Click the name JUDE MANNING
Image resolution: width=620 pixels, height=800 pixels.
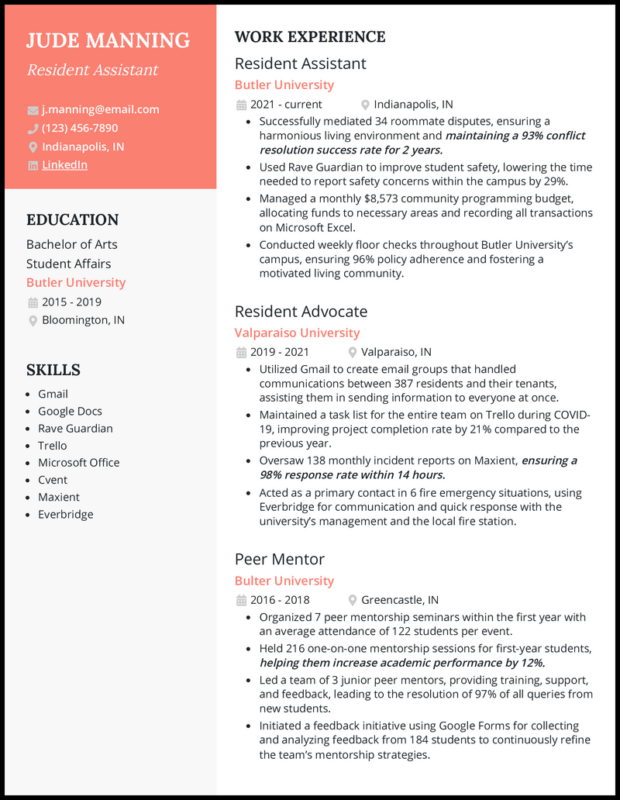[108, 40]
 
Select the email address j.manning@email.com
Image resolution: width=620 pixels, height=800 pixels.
[100, 109]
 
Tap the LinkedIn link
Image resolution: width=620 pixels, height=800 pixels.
[64, 164]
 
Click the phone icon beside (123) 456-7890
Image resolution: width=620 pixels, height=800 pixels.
[33, 128]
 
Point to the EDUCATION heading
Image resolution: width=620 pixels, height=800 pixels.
[72, 220]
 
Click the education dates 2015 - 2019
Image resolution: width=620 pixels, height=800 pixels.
[71, 302]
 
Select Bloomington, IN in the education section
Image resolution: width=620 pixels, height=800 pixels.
[83, 319]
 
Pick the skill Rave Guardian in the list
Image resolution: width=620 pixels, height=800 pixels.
[75, 428]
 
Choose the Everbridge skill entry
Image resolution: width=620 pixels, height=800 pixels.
[65, 514]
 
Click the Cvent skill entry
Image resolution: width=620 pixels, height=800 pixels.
[53, 480]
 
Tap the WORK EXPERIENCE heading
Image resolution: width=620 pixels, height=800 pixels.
[310, 37]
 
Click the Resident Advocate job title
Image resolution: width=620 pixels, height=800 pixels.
[301, 311]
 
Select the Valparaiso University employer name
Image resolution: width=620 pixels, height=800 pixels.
[297, 333]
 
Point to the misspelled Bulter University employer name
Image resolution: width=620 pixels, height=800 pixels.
[284, 581]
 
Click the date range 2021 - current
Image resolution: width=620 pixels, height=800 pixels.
[286, 104]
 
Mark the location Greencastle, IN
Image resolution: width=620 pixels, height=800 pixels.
[400, 599]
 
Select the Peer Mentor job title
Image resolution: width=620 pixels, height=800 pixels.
[279, 559]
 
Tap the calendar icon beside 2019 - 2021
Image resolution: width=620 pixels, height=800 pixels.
[241, 352]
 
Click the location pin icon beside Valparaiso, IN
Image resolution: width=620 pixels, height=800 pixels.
[353, 352]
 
